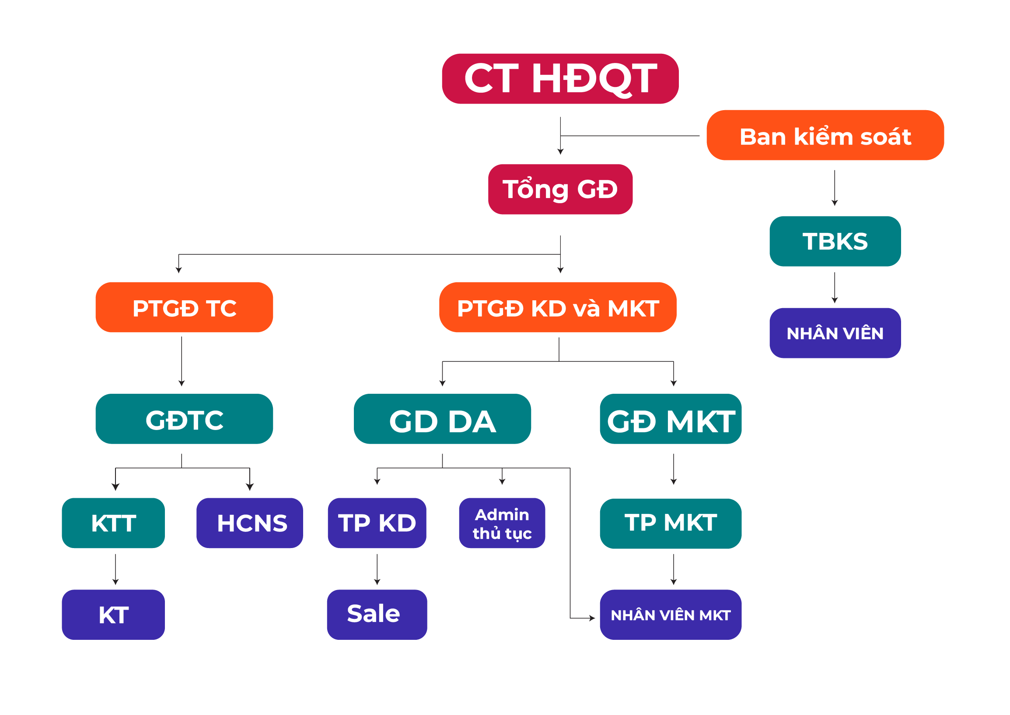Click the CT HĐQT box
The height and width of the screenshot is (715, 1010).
pyautogui.click(x=559, y=79)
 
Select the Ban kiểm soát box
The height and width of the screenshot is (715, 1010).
pyautogui.click(x=825, y=135)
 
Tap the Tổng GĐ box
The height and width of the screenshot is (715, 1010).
pyautogui.click(x=560, y=189)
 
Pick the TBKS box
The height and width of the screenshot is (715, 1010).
pyautogui.click(x=835, y=241)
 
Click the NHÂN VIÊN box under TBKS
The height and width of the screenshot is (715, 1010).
pyautogui.click(x=835, y=333)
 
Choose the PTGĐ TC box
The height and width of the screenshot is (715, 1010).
pyautogui.click(x=184, y=307)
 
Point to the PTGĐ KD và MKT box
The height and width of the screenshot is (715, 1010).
pyautogui.click(x=558, y=307)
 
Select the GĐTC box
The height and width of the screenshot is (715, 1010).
pyautogui.click(x=184, y=419)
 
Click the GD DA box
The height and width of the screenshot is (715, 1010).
pyautogui.click(x=442, y=419)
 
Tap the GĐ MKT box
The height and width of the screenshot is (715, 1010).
pyautogui.click(x=671, y=419)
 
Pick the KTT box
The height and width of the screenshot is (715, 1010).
pyautogui.click(x=113, y=523)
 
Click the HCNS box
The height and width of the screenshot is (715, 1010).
pyautogui.click(x=250, y=523)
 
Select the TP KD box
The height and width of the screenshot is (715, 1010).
pyautogui.click(x=377, y=523)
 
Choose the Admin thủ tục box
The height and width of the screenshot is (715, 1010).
pyautogui.click(x=502, y=523)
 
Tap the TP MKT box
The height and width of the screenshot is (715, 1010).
pyautogui.click(x=671, y=524)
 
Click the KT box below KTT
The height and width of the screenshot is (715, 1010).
pyautogui.click(x=113, y=614)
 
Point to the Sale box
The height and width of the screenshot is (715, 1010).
pyautogui.click(x=377, y=614)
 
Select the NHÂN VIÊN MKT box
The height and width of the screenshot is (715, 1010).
pyautogui.click(x=671, y=614)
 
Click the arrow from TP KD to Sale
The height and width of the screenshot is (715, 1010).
pyautogui.click(x=377, y=570)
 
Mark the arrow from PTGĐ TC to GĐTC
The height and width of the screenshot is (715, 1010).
pyautogui.click(x=182, y=361)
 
